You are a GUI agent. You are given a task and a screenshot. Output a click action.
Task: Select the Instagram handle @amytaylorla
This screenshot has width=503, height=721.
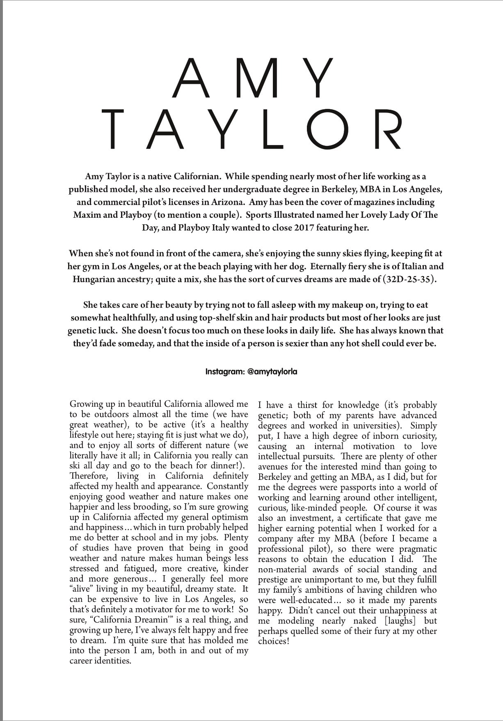272,372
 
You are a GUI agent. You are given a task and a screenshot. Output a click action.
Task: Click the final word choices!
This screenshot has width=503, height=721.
274,641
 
